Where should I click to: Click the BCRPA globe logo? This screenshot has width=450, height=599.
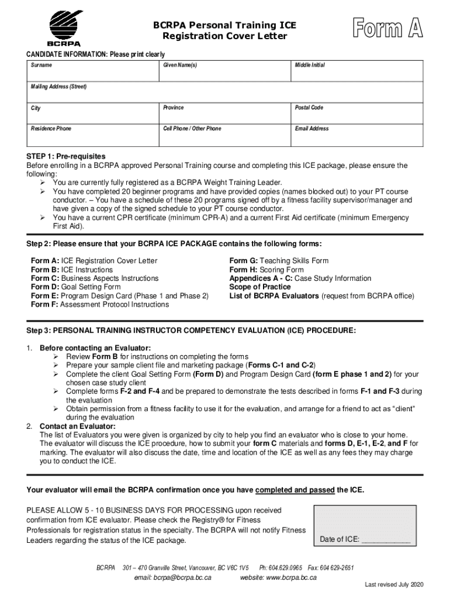[64, 26]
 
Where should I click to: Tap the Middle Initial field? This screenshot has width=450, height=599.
[357, 73]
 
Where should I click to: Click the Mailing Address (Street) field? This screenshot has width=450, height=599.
[224, 94]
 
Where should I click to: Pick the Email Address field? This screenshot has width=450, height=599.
[357, 137]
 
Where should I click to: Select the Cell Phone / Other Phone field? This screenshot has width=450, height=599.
[224, 137]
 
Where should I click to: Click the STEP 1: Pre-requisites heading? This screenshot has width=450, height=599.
[66, 157]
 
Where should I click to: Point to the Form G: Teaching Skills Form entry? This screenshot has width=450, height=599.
[279, 261]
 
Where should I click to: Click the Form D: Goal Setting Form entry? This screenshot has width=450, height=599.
[76, 287]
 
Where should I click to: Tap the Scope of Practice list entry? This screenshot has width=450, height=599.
[259, 287]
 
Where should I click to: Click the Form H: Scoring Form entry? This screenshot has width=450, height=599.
[266, 270]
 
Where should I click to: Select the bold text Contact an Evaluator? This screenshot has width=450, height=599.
[77, 426]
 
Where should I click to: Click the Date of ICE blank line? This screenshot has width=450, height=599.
[386, 540]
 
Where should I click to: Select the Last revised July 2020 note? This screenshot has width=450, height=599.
[394, 585]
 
